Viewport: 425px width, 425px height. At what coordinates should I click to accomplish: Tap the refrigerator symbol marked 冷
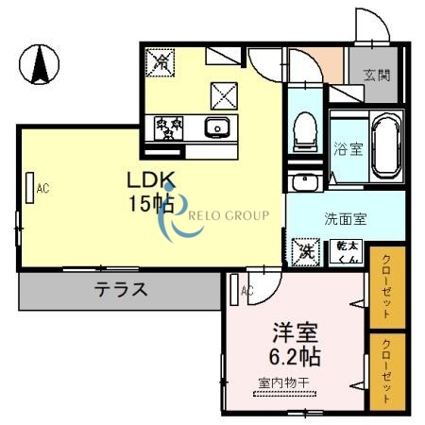[161, 61]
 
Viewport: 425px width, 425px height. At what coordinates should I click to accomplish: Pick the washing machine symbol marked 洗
[305, 251]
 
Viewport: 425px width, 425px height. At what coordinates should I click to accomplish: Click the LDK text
[150, 179]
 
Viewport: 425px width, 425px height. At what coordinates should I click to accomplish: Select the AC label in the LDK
[42, 188]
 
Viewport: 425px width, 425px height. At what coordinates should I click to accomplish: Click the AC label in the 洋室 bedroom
[246, 291]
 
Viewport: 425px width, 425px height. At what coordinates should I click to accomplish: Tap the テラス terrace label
[121, 290]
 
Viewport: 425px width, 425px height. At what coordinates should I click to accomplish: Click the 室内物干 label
[289, 382]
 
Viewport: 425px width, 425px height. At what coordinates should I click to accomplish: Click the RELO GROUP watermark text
[229, 215]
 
